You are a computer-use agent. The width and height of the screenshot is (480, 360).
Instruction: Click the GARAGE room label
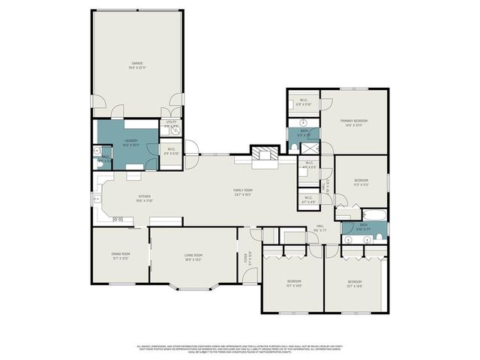coord(137,65)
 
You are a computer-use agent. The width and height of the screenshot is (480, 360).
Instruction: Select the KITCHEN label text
coord(124,199)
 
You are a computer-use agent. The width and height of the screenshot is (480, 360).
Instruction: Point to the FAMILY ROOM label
coord(242,192)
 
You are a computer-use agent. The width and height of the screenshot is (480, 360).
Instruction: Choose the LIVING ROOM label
coord(194,257)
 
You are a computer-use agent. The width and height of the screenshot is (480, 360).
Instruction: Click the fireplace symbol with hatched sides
coord(263,154)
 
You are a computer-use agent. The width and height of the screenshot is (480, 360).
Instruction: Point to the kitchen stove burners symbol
coord(118,220)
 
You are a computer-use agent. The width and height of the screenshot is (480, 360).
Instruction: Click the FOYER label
coord(244,258)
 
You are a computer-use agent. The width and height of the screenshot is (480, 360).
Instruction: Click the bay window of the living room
coord(193,288)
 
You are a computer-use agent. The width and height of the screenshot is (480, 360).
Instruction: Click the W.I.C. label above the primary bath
coord(304,102)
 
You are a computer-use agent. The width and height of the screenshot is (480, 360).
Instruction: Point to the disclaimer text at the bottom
coord(240,349)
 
